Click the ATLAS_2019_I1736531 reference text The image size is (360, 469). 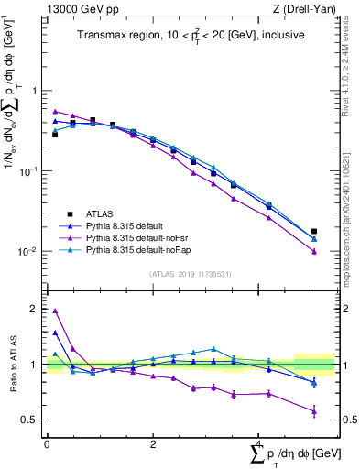point(189,274)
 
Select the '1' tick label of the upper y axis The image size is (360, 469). point(36,91)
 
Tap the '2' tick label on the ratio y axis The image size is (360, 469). point(36,309)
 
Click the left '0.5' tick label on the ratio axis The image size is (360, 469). point(30,420)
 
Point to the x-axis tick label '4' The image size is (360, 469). point(259,443)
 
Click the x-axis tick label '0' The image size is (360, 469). point(47,443)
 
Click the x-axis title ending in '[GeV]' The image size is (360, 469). point(295,453)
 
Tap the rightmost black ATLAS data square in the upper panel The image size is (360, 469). point(314,232)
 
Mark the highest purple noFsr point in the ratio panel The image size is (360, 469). point(55,311)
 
